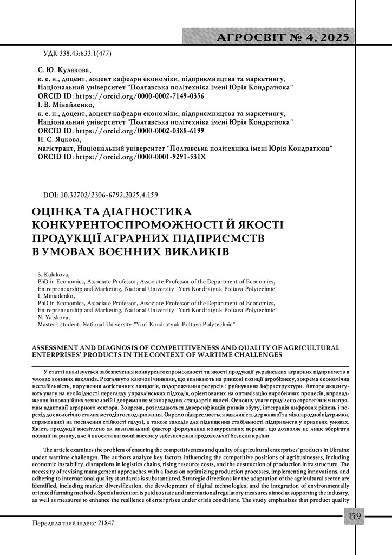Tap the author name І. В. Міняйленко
pyautogui.click(x=66, y=105)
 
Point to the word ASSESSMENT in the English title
pyautogui.click(x=61, y=347)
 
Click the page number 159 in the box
pyautogui.click(x=355, y=515)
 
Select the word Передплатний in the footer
pyautogui.click(x=53, y=524)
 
